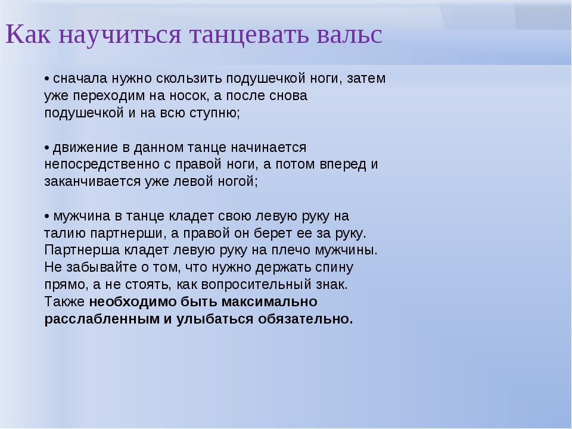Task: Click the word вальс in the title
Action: (x=349, y=35)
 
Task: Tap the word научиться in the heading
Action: (x=120, y=35)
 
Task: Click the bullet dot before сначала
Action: (x=46, y=79)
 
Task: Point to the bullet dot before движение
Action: (x=46, y=148)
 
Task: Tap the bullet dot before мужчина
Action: (x=46, y=216)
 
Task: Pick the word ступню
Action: (x=215, y=113)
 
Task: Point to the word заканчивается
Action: (x=92, y=182)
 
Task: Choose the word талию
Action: (x=65, y=234)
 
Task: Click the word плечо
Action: (x=290, y=251)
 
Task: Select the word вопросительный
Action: (x=256, y=285)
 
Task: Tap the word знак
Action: (x=332, y=285)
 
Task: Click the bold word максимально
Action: (x=269, y=302)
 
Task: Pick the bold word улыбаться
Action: (x=215, y=319)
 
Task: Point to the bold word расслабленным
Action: (x=102, y=319)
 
